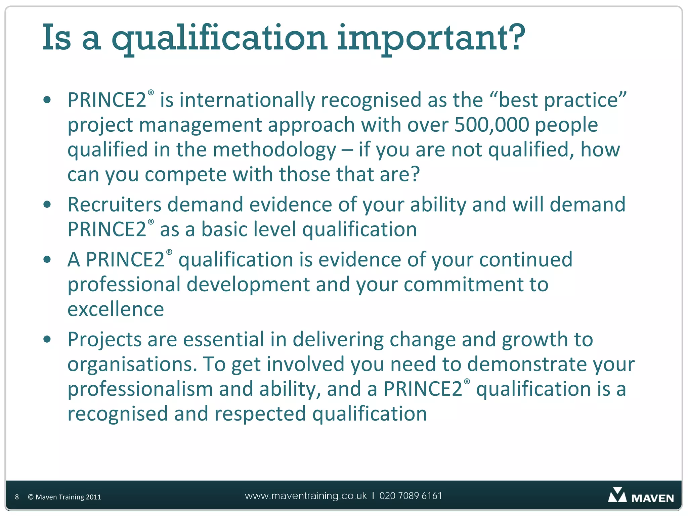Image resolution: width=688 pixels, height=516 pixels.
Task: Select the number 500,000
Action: coord(491,125)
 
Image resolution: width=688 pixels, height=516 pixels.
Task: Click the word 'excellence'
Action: coord(116,309)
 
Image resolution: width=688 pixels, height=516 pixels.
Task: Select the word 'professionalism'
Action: coord(140,389)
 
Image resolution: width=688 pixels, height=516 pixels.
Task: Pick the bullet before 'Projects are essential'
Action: coord(47,339)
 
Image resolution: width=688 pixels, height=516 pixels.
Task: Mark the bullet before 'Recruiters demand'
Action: coord(47,204)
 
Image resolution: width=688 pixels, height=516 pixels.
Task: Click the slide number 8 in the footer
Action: coord(17,497)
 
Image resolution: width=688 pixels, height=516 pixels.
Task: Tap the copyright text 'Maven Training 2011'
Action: coord(68,497)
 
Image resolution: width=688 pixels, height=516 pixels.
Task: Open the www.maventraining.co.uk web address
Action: coord(306,496)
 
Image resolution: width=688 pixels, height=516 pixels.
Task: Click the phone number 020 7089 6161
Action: coord(411,496)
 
